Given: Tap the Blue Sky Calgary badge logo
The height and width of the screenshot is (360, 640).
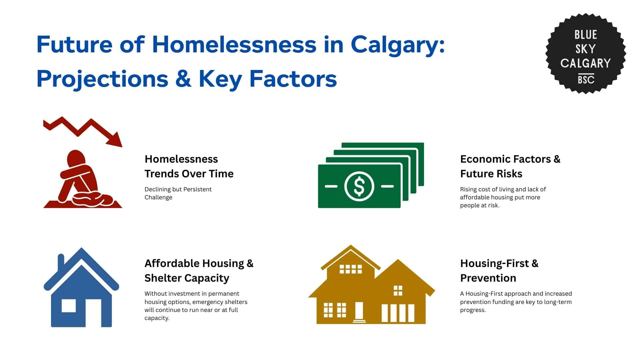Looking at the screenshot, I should (x=585, y=53).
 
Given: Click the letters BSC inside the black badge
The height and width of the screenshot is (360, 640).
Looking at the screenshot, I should (x=586, y=80).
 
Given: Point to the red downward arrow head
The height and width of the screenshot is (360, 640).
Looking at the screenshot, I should (x=115, y=140).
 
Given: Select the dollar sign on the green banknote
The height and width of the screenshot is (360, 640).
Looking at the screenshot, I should (x=359, y=186).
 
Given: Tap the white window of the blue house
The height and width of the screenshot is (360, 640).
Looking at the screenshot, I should (x=69, y=306).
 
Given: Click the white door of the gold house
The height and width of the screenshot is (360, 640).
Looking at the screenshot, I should (x=359, y=311).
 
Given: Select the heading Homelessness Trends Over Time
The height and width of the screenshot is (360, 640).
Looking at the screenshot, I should (x=189, y=166).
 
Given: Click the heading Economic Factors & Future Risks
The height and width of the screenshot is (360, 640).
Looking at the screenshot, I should (x=510, y=166).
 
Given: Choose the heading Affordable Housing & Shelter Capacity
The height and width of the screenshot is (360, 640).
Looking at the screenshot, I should (x=199, y=271).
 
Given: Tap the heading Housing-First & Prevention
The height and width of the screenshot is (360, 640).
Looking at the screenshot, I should (x=499, y=271).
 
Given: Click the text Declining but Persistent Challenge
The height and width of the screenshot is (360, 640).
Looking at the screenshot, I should (x=178, y=193).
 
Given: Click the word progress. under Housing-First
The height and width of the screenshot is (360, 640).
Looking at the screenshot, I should (x=473, y=310).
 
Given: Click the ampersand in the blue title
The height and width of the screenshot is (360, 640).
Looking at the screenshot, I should (x=183, y=79).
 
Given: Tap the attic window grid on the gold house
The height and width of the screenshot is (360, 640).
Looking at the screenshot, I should (x=350, y=269).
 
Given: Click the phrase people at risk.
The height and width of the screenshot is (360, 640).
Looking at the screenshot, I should (x=479, y=205).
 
